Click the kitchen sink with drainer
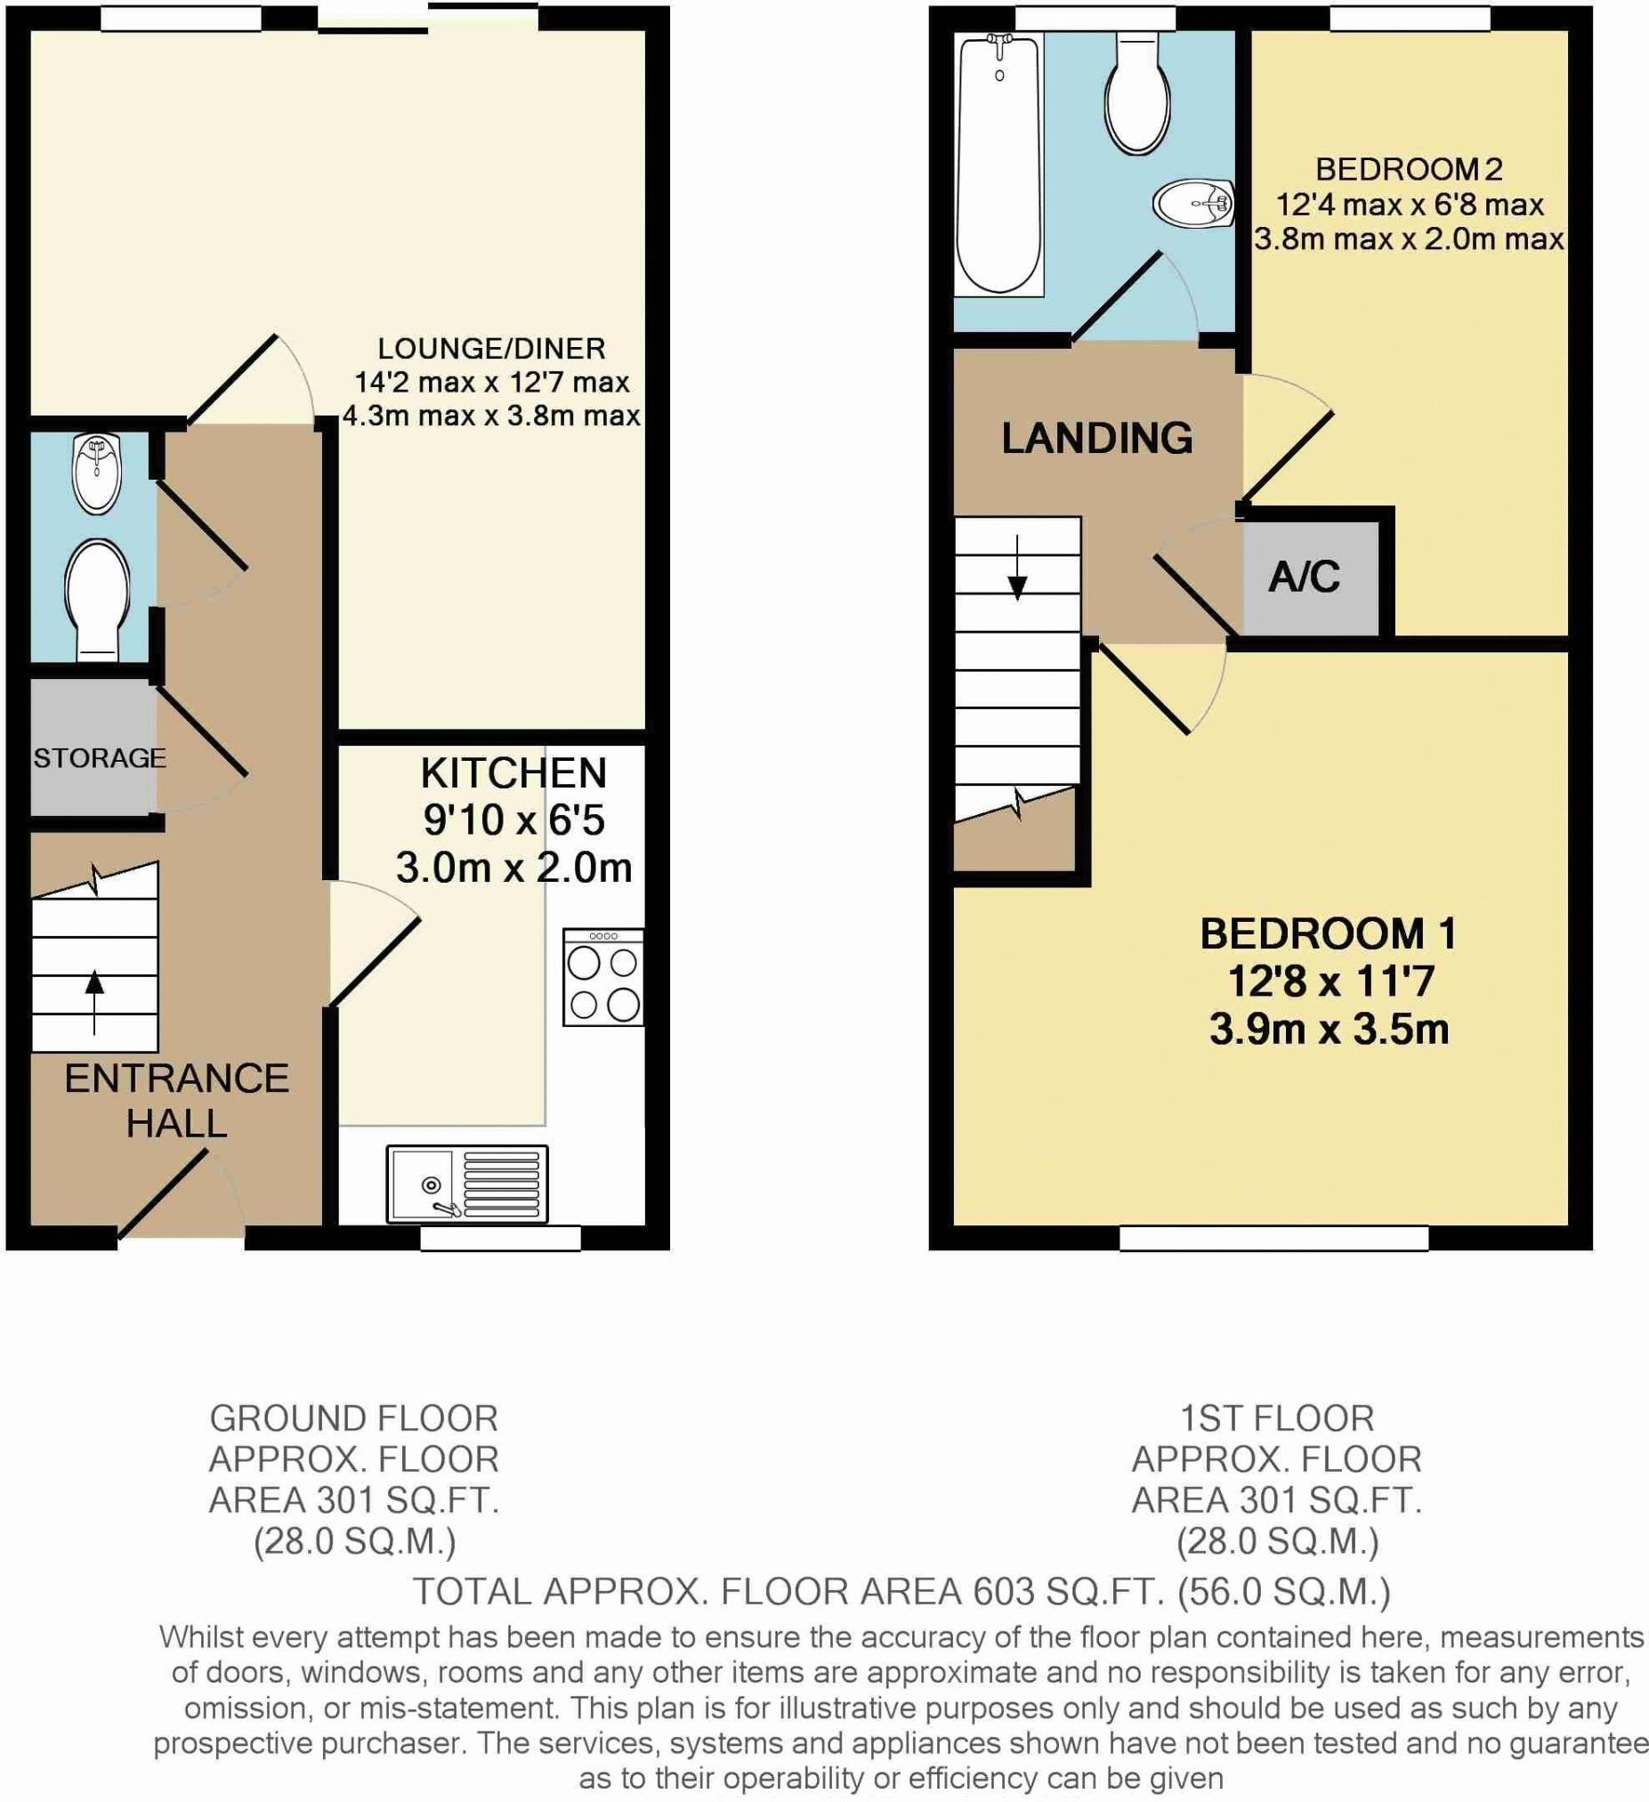[466, 1184]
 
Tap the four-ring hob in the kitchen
[603, 977]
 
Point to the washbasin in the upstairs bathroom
[1193, 205]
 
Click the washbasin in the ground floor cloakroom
[96, 473]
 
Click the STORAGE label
[99, 758]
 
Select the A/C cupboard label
[1304, 578]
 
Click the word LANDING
[1096, 438]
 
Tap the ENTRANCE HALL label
[176, 1100]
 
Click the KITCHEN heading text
[513, 773]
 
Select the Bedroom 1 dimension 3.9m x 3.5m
[1328, 1029]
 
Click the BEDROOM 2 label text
[1409, 169]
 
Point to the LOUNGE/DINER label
[490, 348]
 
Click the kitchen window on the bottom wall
[500, 1237]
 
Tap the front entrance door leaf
[163, 1195]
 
